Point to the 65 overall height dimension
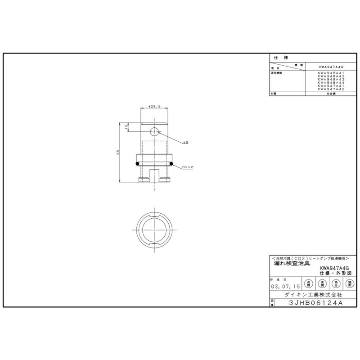118,152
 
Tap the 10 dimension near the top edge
127,126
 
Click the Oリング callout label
188,167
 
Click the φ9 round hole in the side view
154,131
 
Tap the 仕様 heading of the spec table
280,58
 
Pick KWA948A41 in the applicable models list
331,73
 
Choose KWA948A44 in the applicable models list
331,83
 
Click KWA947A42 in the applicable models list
331,90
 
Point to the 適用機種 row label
276,73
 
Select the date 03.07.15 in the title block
285,286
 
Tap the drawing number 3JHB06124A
316,303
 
